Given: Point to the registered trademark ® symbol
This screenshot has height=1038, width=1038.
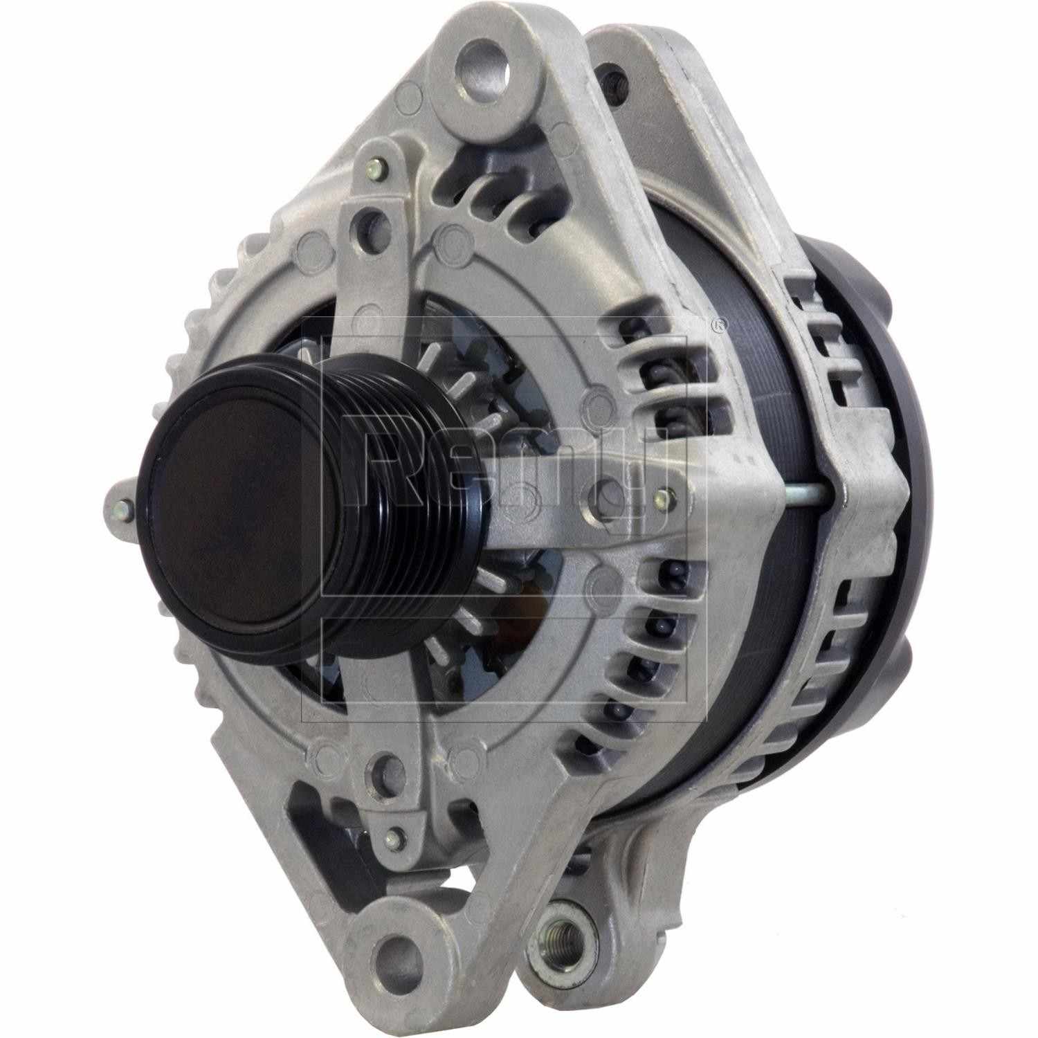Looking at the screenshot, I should coord(720,323).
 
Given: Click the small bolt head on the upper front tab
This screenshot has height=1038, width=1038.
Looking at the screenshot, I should coord(376,167).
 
